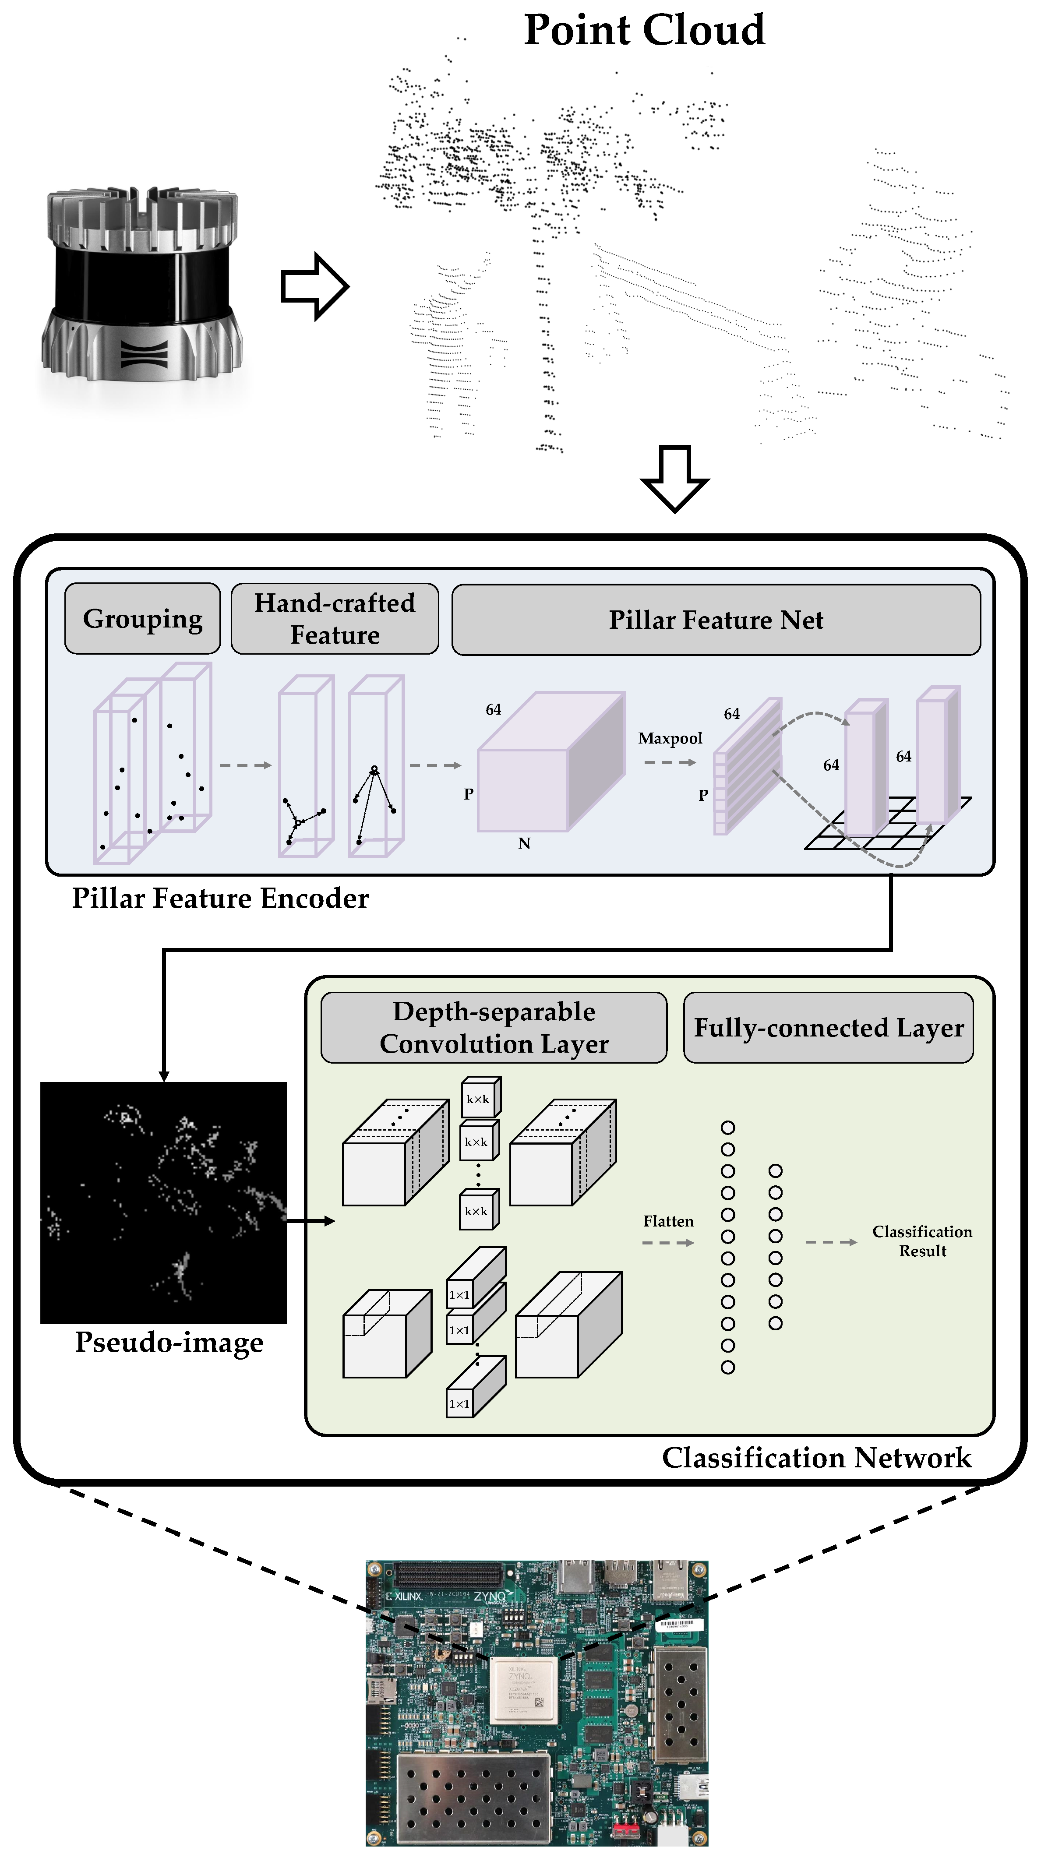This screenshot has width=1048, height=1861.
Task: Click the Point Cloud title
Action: pyautogui.click(x=643, y=30)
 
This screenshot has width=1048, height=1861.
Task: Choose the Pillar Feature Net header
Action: pyautogui.click(x=716, y=620)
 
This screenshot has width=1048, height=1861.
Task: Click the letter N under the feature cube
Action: pyautogui.click(x=524, y=843)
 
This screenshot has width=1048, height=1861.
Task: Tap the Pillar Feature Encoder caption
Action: pyautogui.click(x=220, y=898)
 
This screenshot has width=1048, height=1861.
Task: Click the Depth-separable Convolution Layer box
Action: pyautogui.click(x=494, y=1027)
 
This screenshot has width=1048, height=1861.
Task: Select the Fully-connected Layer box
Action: pyautogui.click(x=828, y=1027)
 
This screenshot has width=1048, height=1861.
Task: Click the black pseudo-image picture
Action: pyautogui.click(x=163, y=1202)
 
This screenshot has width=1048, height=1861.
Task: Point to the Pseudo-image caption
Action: pyautogui.click(x=169, y=1342)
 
